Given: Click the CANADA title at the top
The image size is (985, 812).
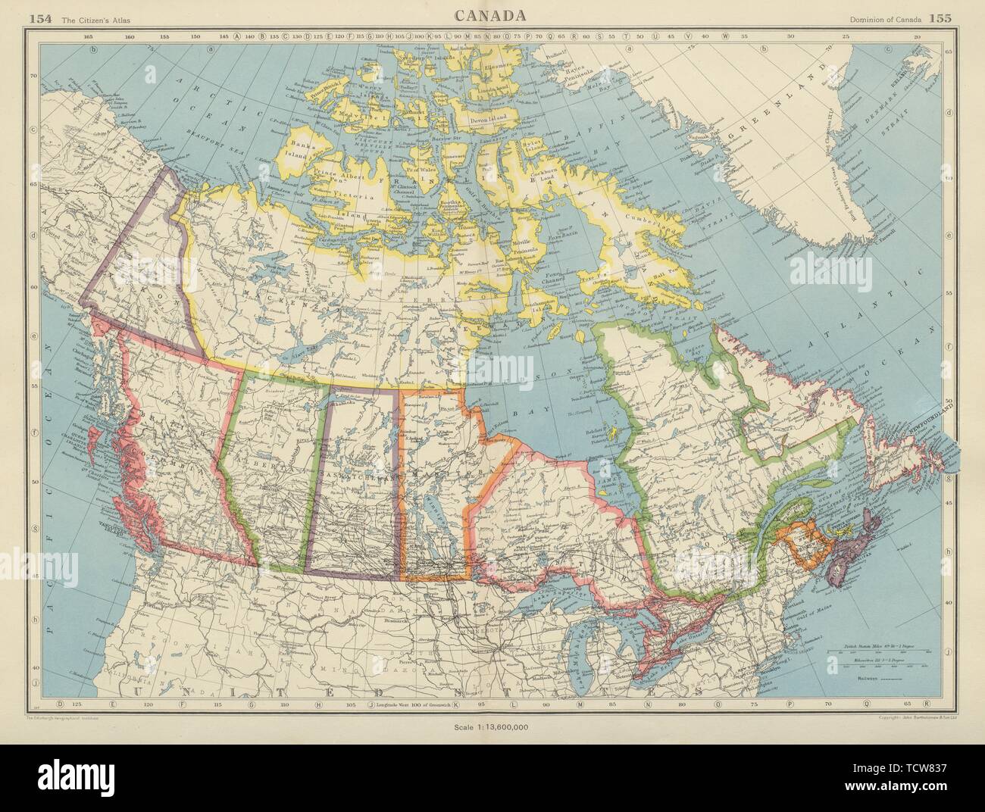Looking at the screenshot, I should coord(492,16).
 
